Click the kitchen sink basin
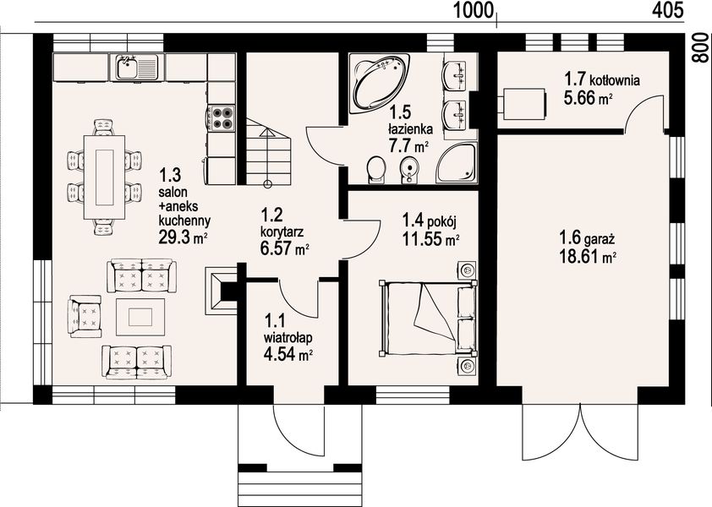(126, 68)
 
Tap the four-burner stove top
(222, 118)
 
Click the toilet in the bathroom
(376, 170)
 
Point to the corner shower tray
(457, 163)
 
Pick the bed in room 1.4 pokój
(428, 319)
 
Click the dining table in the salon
(105, 177)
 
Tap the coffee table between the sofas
(140, 317)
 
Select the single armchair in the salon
(85, 316)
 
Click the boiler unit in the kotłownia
(522, 104)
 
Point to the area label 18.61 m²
(588, 258)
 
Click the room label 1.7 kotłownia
(602, 79)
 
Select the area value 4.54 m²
(288, 353)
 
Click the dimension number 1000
(474, 10)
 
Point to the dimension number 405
(667, 10)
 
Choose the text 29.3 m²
(183, 237)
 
